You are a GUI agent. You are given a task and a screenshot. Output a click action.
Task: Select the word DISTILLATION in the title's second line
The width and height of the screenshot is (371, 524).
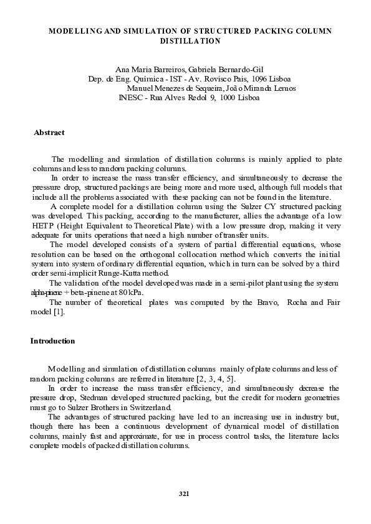point(190,40)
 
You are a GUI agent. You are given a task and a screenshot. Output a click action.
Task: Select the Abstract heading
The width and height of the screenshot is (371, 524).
point(49,133)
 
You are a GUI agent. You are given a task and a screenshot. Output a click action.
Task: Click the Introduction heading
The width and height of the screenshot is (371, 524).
point(52,341)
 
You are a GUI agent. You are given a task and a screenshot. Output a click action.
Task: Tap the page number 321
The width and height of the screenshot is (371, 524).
point(183,494)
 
